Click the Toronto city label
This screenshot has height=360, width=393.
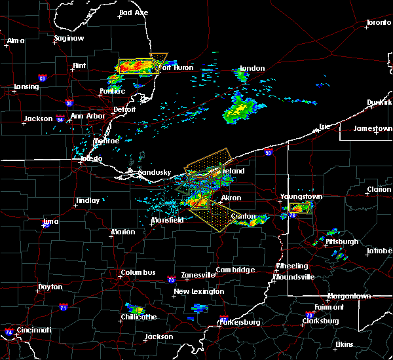click(378, 23)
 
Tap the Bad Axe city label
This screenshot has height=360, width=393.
click(134, 12)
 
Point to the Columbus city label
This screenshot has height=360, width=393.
click(138, 272)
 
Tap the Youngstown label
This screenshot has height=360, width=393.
click(301, 196)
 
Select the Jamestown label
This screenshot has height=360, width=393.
click(373, 128)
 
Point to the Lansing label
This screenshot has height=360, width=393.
click(26, 87)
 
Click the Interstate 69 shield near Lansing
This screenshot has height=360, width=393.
click(43, 79)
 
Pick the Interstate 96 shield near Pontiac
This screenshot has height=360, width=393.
click(69, 103)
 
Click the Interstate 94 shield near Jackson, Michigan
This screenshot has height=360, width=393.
click(60, 119)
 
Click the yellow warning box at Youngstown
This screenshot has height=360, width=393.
click(299, 209)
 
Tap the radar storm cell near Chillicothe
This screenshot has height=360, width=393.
click(136, 308)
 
